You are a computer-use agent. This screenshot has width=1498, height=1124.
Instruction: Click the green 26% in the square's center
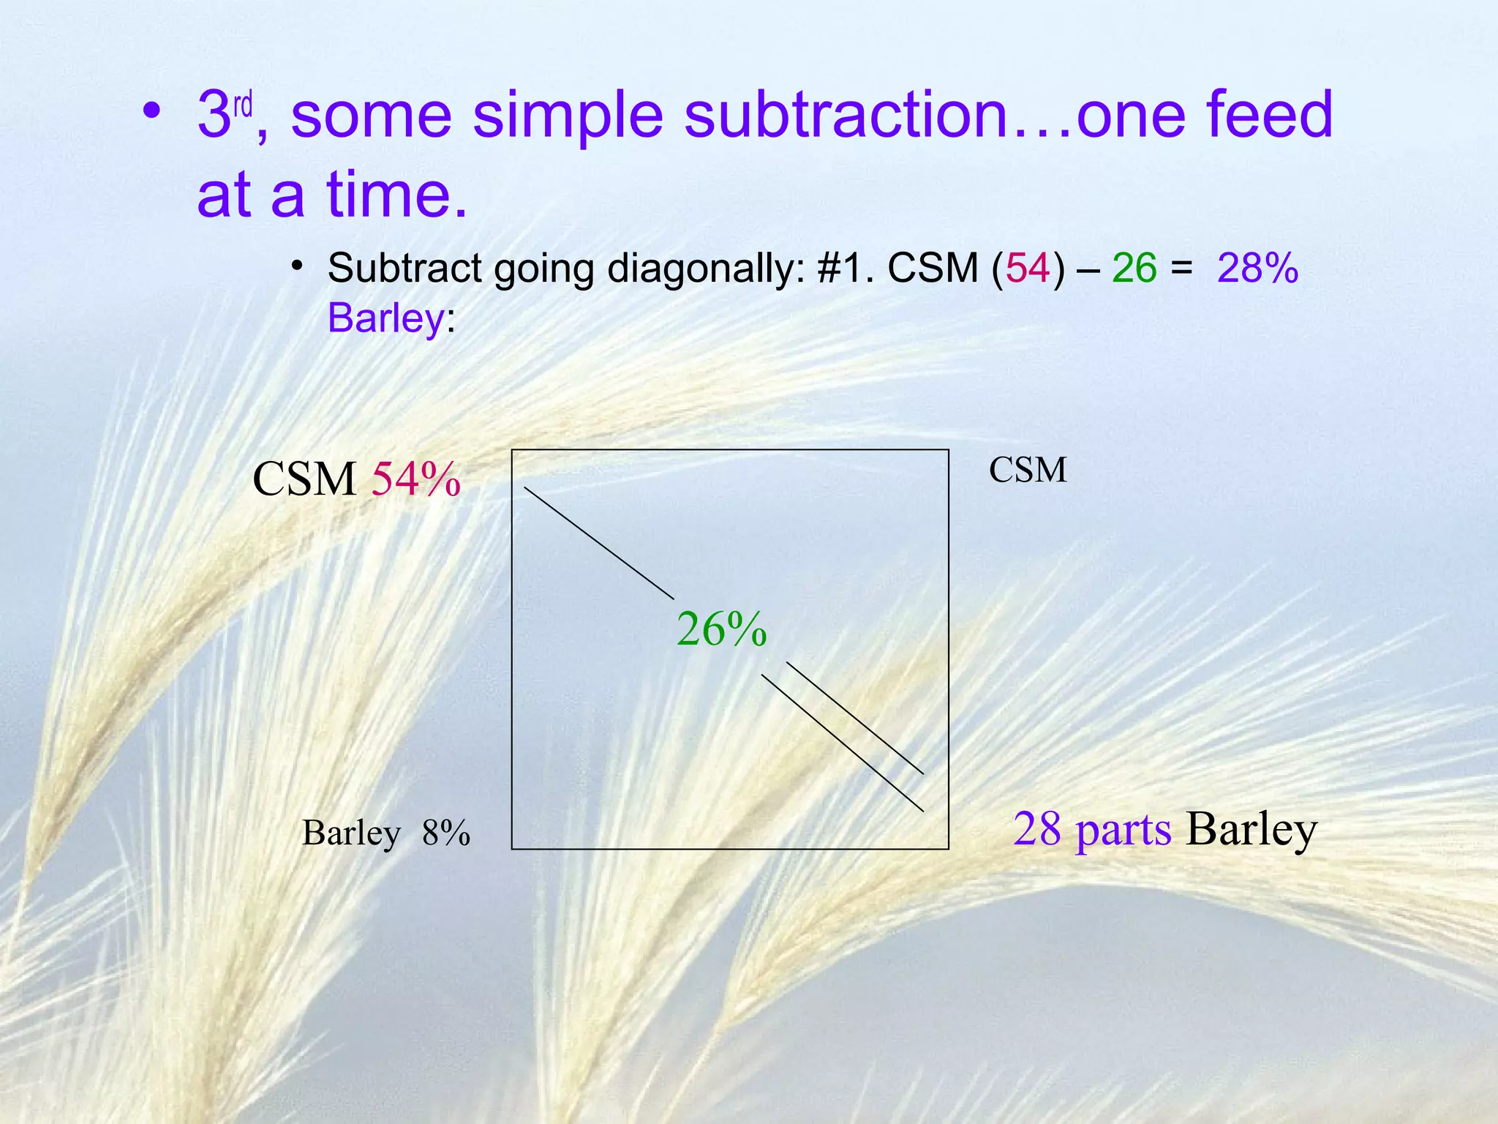pos(721,629)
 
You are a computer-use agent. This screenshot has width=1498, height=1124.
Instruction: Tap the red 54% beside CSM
pos(416,480)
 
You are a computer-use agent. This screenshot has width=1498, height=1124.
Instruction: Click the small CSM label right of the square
pos(1028,470)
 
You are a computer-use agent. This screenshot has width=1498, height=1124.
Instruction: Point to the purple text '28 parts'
pos(1092,829)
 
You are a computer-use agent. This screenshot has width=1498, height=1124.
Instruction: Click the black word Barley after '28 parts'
pos(1252,829)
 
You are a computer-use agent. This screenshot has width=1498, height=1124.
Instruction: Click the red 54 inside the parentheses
pos(1028,268)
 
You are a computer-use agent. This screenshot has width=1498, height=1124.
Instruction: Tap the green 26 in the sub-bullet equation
pos(1134,268)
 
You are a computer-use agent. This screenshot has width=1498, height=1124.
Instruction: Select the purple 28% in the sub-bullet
pos(1257,268)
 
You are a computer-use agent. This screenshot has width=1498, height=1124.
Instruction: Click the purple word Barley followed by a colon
pos(385,318)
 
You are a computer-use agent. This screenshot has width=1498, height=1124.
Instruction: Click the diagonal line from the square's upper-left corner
pos(599,542)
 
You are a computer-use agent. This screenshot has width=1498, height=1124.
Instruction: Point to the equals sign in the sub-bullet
pos(1181,268)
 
